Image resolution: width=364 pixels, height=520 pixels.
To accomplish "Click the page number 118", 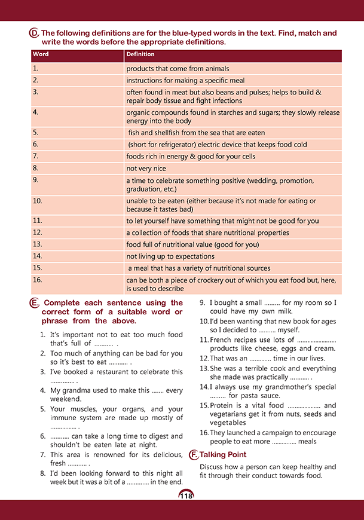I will tap(186, 495).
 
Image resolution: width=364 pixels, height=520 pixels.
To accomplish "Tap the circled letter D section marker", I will tap(34, 34).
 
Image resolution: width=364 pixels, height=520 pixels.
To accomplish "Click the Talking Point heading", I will tap(223, 455).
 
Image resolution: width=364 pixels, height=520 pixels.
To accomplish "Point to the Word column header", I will tap(41, 55).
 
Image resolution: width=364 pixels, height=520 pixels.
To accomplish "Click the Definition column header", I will tap(140, 55).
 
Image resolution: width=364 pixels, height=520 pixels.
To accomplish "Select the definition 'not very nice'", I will tap(149, 169).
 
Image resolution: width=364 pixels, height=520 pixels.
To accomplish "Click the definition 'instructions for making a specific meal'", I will tap(185, 80).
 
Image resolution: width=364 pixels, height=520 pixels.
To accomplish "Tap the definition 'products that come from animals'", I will tap(178, 69).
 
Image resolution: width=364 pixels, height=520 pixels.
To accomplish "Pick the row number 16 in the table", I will tap(37, 279).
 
